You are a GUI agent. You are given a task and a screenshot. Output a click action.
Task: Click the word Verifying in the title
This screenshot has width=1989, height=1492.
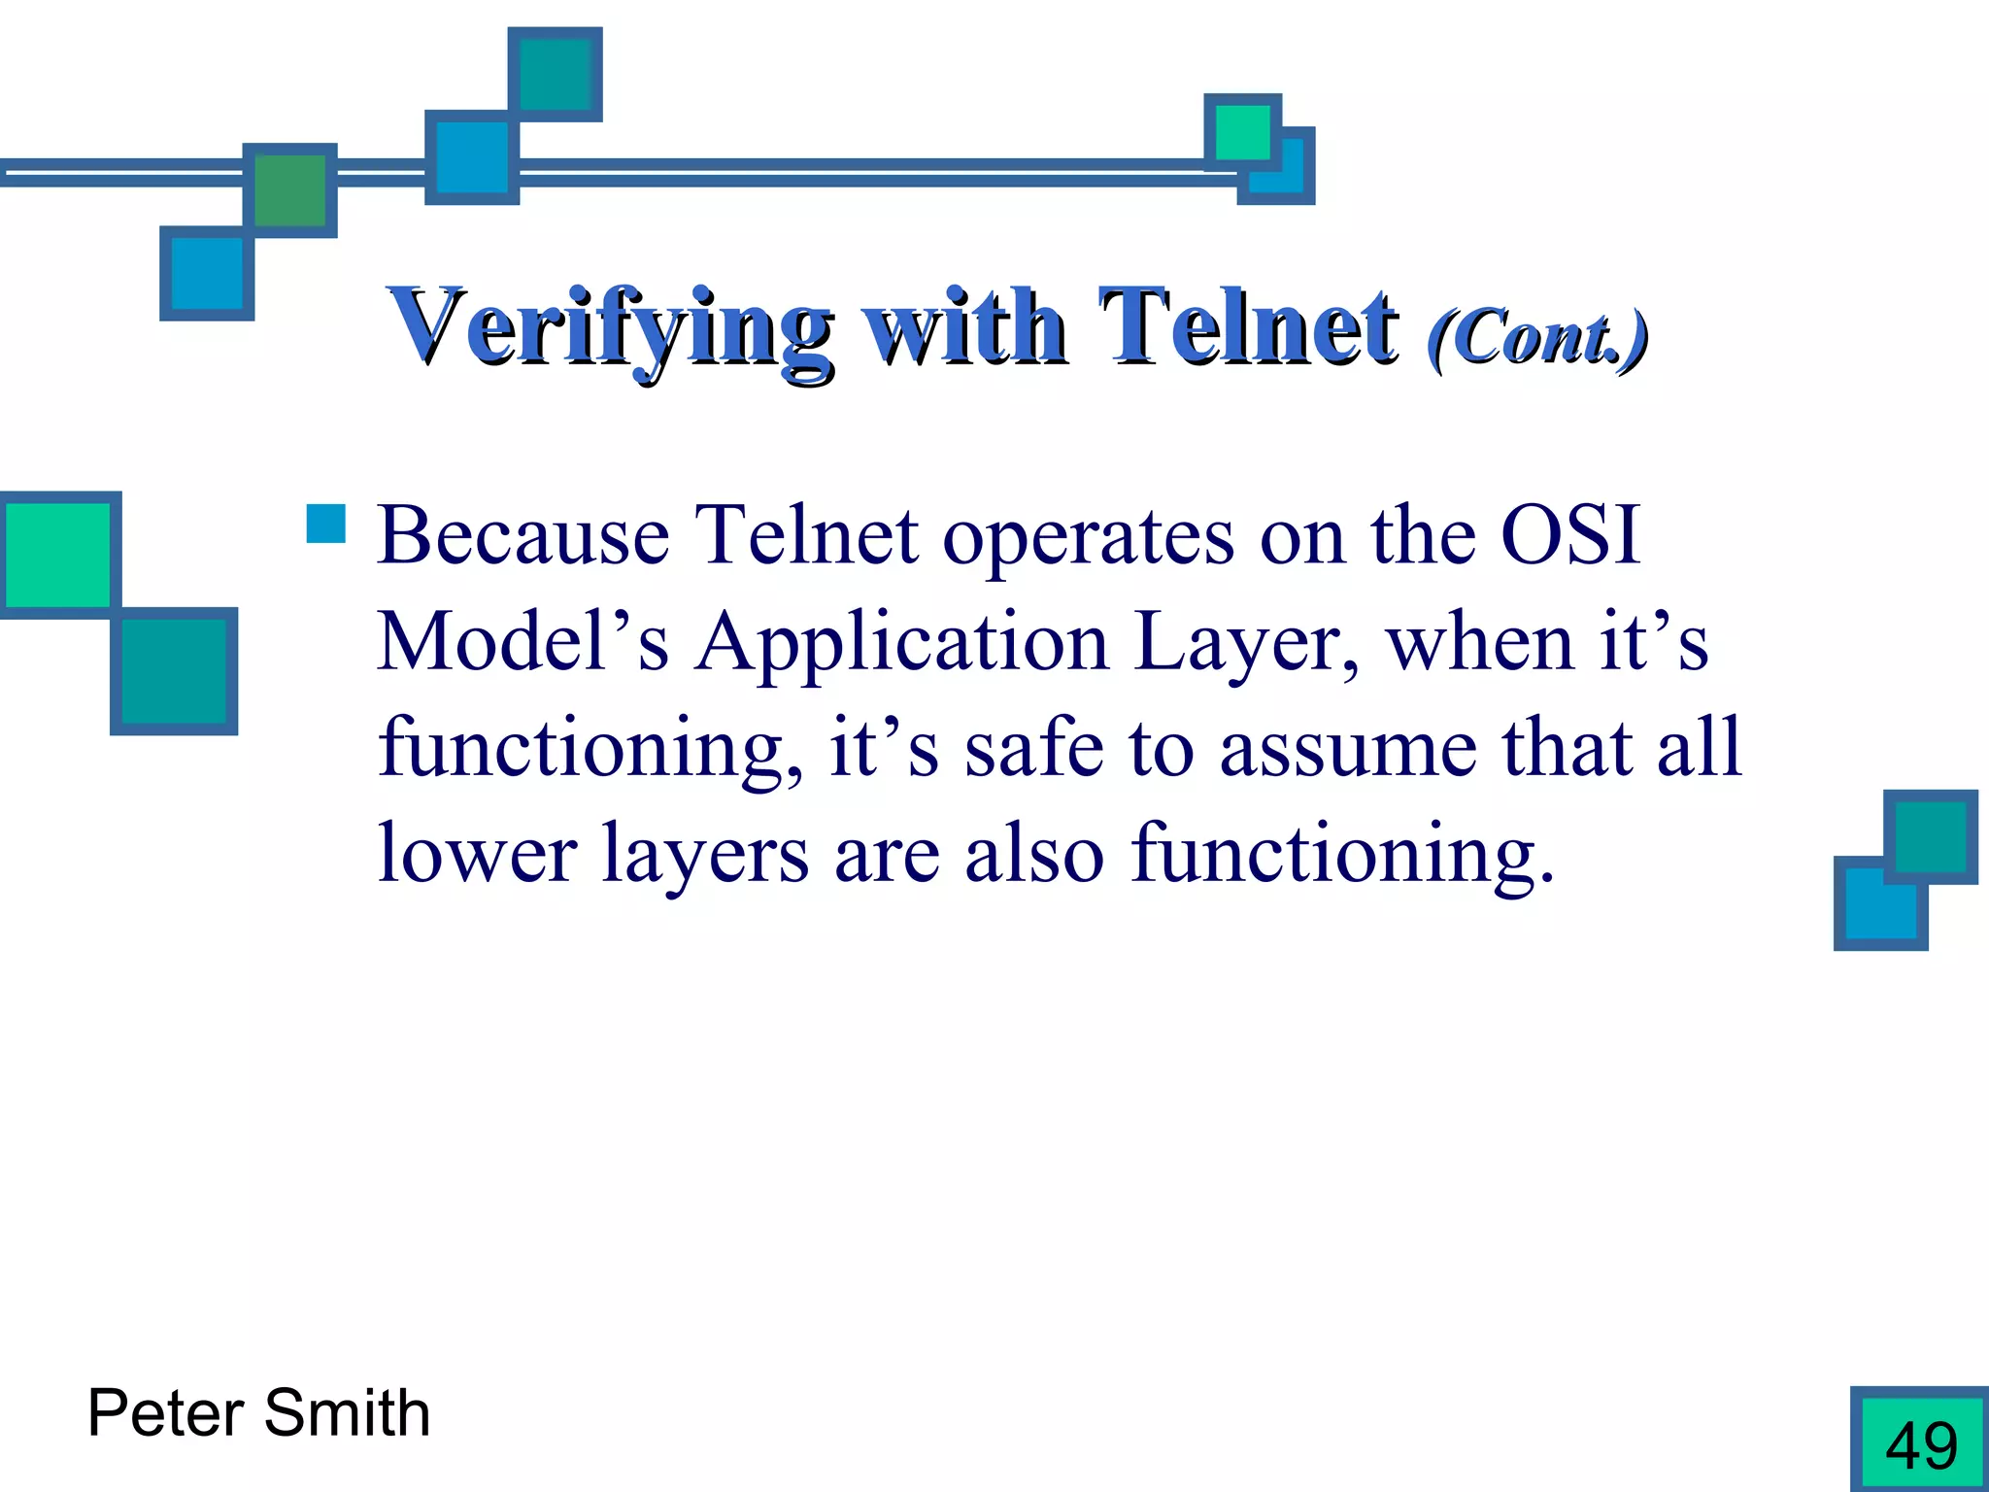tap(609, 328)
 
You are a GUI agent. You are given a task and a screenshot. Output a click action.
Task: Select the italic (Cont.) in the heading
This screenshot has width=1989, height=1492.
tap(1537, 338)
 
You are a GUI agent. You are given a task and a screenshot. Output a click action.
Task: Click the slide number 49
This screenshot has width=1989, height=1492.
tap(1921, 1444)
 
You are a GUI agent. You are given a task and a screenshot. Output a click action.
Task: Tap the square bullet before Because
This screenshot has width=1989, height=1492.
tap(325, 524)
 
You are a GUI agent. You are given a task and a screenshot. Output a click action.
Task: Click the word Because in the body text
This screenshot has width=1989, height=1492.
tap(523, 535)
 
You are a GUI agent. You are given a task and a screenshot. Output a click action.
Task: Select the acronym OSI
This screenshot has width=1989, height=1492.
tap(1570, 535)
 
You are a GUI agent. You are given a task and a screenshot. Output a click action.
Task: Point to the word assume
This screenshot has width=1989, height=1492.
tap(1348, 749)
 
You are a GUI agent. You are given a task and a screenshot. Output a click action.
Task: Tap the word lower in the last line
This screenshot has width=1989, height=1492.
tap(477, 855)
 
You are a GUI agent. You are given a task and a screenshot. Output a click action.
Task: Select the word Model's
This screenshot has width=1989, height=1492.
tap(523, 642)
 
